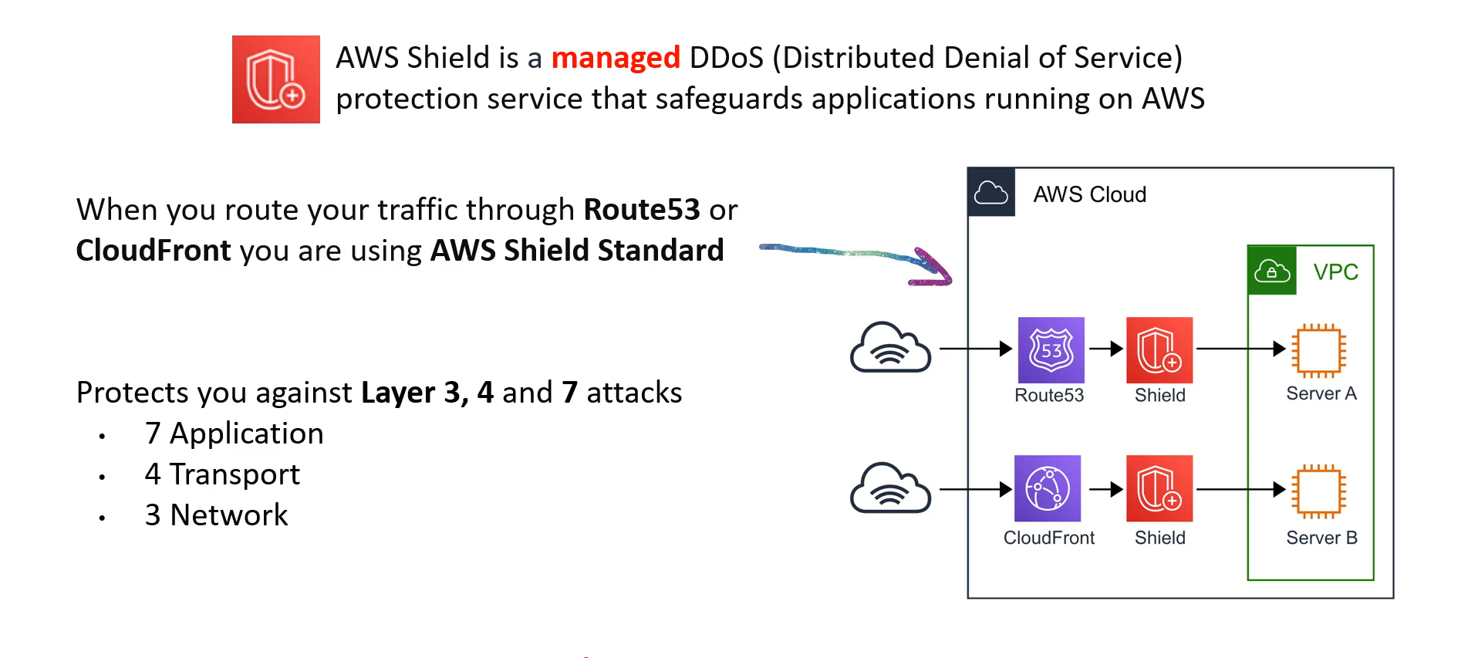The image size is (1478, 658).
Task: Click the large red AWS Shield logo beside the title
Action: point(276,79)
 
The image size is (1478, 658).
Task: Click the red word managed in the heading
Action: point(616,58)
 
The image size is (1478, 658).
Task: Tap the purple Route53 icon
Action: point(1051,350)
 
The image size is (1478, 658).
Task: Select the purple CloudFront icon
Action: point(1048,488)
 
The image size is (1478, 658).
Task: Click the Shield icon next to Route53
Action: point(1159,350)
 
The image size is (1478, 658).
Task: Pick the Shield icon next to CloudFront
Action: point(1159,488)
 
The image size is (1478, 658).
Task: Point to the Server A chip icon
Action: point(1320,350)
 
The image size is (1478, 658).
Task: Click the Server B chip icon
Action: point(1320,491)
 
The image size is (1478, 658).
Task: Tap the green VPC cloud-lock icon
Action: point(1272,271)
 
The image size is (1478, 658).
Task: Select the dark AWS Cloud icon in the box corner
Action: point(991,192)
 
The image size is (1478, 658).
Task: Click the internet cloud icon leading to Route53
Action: point(890,347)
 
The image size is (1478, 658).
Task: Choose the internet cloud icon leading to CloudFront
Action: point(890,488)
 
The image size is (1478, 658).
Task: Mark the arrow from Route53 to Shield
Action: point(1106,349)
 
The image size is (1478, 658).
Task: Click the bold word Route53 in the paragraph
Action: point(642,210)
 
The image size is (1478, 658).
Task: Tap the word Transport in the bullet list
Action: point(235,474)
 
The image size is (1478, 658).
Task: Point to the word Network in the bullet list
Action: point(229,515)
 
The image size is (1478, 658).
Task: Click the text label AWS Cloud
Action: point(1090,194)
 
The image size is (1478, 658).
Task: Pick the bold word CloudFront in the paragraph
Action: point(154,251)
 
